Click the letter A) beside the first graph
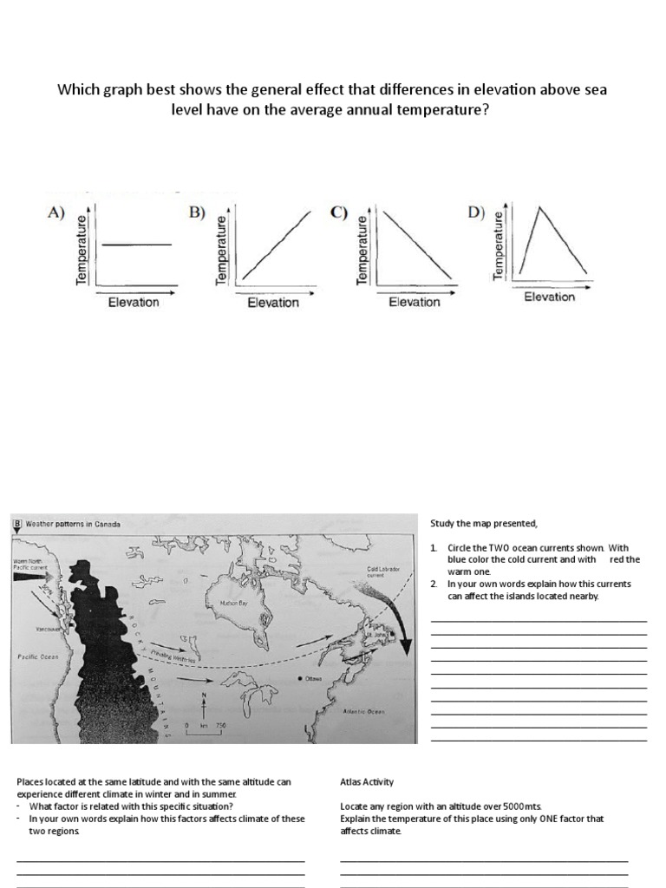[56, 212]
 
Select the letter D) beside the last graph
[476, 212]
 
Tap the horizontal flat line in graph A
[137, 245]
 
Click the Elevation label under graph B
[273, 303]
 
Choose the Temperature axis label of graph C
[364, 248]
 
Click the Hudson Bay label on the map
[235, 601]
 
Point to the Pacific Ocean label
[37, 657]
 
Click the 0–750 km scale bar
[205, 728]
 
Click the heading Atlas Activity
[367, 781]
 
